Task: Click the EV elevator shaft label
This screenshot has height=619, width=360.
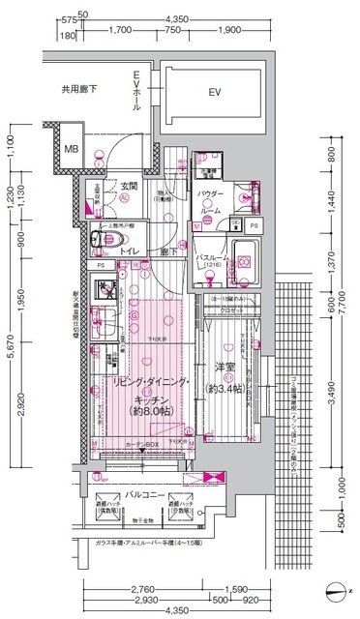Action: [214, 94]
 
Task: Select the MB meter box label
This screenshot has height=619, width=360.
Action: [71, 149]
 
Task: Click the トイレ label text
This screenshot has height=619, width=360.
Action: [130, 250]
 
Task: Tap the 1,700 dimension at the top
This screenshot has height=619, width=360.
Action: [121, 29]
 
